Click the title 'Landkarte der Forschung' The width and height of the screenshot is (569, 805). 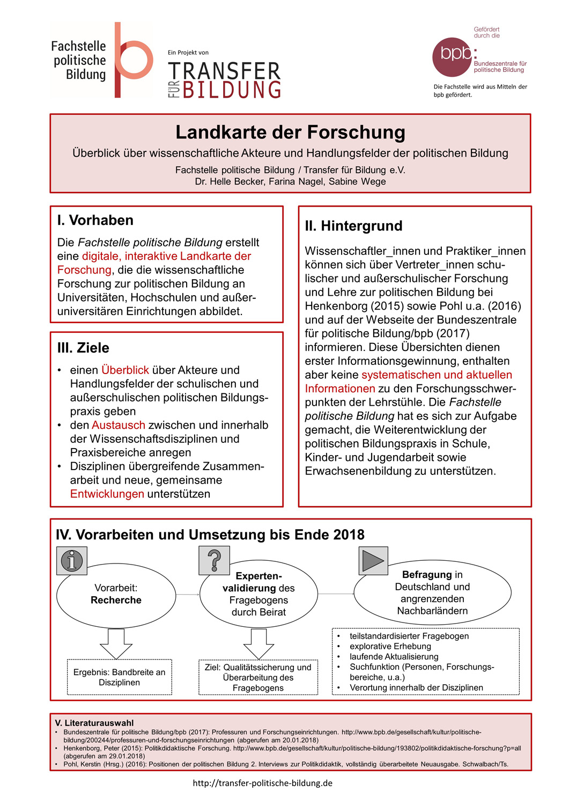[x=290, y=132]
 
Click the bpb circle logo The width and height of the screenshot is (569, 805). [x=452, y=57]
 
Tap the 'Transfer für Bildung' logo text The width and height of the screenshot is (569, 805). [x=224, y=80]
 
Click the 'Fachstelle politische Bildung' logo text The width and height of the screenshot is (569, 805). [x=79, y=61]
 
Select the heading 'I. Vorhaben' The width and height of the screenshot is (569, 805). [x=95, y=221]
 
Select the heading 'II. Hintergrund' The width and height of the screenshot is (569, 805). [x=353, y=226]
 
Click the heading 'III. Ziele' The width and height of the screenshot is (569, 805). [x=83, y=348]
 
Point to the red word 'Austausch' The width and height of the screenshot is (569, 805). [x=119, y=425]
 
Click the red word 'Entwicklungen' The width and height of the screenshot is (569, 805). [x=107, y=494]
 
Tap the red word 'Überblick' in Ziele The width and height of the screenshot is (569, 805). [x=125, y=370]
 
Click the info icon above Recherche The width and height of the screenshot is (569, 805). [x=72, y=561]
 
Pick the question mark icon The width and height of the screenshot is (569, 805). [x=214, y=560]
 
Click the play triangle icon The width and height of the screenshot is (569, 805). [x=373, y=561]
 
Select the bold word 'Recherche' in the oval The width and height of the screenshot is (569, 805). [x=116, y=600]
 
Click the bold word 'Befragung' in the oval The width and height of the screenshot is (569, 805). [x=427, y=575]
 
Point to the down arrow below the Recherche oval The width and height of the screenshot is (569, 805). [x=116, y=643]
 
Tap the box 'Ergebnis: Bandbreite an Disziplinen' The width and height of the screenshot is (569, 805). [x=119, y=677]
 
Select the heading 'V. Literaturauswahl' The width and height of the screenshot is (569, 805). [x=94, y=723]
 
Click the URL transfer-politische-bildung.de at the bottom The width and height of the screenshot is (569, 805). [x=263, y=783]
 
